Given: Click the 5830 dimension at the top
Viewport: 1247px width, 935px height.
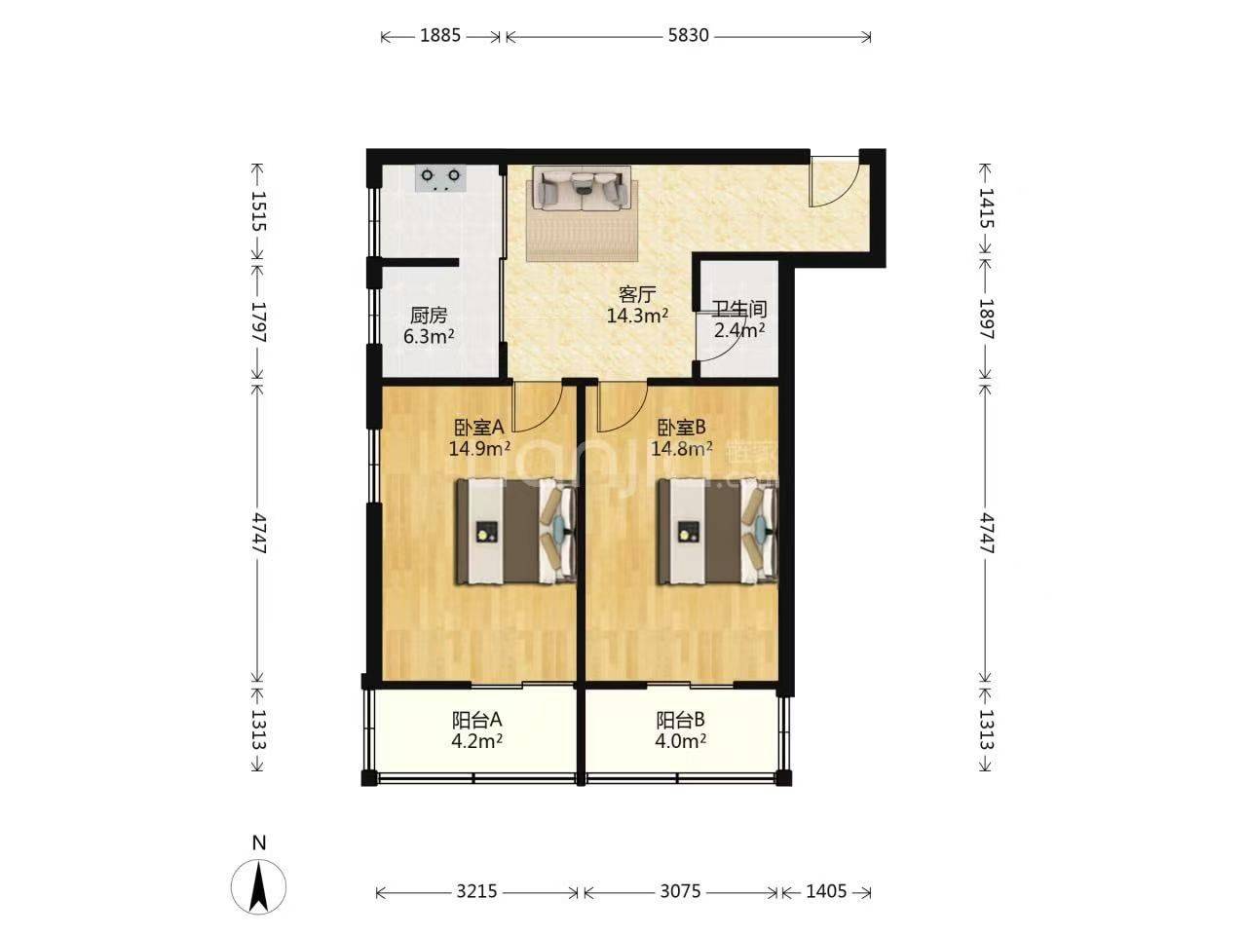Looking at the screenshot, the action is (688, 36).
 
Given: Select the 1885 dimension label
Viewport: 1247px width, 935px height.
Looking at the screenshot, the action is (440, 36).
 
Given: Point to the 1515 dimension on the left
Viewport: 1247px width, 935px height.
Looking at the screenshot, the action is (258, 211).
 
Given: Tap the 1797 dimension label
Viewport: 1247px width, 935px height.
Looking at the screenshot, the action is (258, 321).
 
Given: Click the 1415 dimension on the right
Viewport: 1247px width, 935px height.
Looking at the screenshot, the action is (986, 208).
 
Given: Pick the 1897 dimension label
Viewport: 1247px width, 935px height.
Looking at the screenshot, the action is (986, 319).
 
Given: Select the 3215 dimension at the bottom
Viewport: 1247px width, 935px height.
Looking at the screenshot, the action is (476, 891).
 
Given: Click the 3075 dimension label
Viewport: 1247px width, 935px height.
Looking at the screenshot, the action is (680, 891).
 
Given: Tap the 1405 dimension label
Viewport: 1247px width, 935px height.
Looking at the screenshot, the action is (826, 891).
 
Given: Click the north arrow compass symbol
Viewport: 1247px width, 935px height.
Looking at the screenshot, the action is (258, 886).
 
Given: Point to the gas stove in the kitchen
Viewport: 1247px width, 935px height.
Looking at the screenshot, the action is (440, 178).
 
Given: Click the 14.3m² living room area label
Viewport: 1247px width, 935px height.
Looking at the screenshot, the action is (637, 316).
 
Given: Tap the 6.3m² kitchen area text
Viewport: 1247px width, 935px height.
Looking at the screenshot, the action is (429, 337).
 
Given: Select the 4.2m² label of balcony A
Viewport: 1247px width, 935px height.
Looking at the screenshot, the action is (476, 741).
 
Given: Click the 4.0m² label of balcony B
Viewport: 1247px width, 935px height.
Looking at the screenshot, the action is (681, 741).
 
